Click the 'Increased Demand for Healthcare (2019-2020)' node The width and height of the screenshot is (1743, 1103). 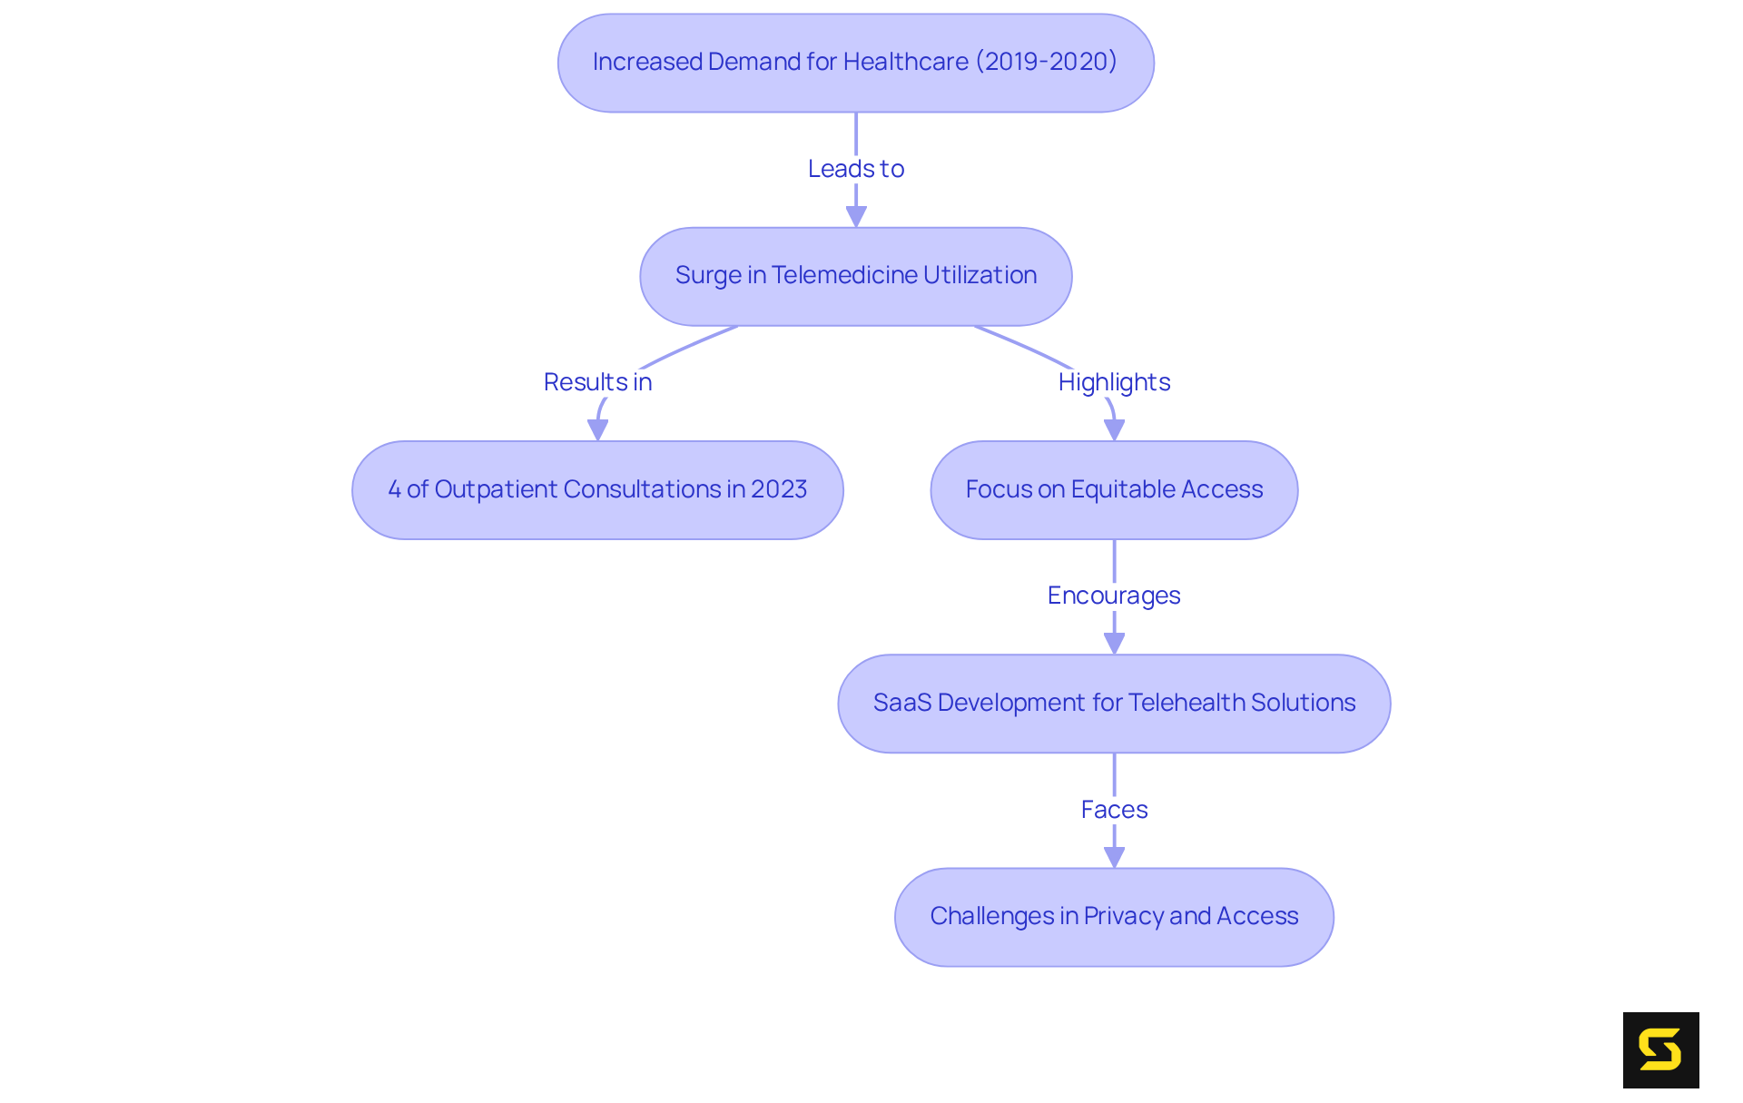point(855,63)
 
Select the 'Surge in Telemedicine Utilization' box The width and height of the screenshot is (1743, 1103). point(855,276)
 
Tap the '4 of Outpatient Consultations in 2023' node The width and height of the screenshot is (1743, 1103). point(597,490)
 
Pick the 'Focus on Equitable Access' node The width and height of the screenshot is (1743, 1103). point(1114,490)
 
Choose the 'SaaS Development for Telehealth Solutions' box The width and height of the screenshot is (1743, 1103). point(1114,704)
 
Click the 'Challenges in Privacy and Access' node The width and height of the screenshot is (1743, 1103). point(1114,917)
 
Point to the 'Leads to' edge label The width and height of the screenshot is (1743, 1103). point(855,169)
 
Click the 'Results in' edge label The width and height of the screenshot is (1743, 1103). point(597,382)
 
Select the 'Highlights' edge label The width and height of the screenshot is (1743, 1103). point(1114,382)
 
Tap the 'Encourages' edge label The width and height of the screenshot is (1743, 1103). point(1114,596)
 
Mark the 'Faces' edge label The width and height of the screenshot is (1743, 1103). point(1114,810)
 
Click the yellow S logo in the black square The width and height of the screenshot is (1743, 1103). point(1660,1049)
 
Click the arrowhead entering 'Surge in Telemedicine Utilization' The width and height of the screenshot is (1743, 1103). point(856,217)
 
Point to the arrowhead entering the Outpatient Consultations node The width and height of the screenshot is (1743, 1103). point(597,430)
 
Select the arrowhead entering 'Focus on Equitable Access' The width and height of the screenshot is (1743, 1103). point(1115,430)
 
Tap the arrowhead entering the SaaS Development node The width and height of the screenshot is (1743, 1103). point(1115,644)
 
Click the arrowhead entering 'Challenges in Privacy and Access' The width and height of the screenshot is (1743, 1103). point(1115,857)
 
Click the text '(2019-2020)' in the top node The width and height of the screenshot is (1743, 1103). point(1046,62)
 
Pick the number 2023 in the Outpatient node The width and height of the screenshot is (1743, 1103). point(779,489)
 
